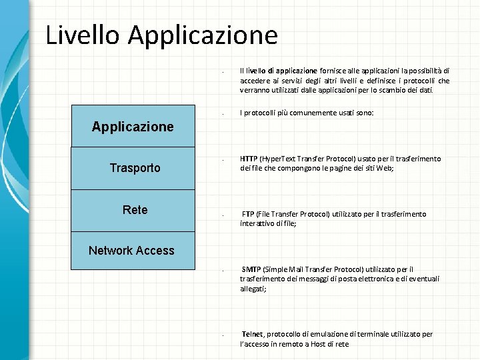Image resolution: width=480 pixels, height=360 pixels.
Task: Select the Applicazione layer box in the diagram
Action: [x=133, y=126]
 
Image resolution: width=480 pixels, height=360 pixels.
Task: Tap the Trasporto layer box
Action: [x=135, y=168]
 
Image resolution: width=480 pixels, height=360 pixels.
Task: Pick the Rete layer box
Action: [x=135, y=210]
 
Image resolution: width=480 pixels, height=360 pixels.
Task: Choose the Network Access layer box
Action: [x=132, y=251]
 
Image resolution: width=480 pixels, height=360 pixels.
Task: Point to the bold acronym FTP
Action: [x=248, y=214]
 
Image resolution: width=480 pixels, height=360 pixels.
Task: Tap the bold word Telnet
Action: [x=252, y=334]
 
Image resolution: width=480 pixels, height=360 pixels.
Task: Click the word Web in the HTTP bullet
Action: [x=385, y=169]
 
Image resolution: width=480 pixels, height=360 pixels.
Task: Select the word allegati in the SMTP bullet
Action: [x=253, y=289]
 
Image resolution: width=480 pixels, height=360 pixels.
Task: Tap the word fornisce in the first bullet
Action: [x=333, y=71]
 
